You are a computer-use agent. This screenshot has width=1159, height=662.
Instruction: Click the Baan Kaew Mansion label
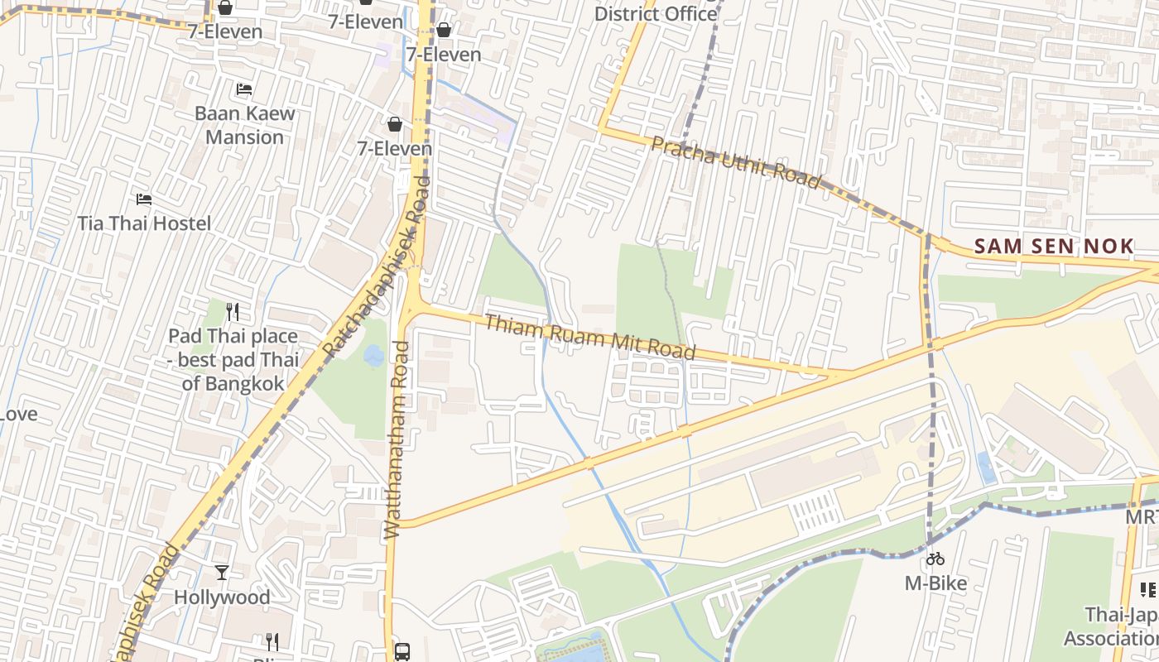(x=244, y=125)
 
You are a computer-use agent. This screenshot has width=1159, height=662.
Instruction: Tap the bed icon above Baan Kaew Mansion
(x=244, y=89)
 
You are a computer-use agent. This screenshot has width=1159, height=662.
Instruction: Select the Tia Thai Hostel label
(x=144, y=223)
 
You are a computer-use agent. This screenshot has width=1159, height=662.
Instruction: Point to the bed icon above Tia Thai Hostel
(x=144, y=199)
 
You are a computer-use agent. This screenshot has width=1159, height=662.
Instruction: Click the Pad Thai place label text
(x=233, y=360)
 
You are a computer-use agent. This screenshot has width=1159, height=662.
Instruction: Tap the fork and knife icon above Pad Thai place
(x=233, y=312)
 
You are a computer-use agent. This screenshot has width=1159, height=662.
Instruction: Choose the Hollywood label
(x=222, y=597)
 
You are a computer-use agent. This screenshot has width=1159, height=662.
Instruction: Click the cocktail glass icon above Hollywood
(x=222, y=573)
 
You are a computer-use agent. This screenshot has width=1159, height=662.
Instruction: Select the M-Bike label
(x=935, y=583)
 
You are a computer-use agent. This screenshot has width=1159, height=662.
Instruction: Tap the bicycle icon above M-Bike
(x=935, y=559)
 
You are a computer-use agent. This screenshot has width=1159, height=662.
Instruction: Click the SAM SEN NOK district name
(x=1053, y=247)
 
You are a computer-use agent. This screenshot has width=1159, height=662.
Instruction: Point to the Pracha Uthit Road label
(x=735, y=162)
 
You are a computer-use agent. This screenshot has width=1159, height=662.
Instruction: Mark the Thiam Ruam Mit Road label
(x=589, y=337)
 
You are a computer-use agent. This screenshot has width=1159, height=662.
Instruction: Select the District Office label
(x=656, y=13)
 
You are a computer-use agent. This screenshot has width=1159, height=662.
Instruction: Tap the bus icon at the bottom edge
(x=402, y=651)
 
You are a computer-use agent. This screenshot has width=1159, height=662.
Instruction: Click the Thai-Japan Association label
(x=1122, y=626)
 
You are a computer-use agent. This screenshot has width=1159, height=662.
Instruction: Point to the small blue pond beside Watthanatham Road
(x=373, y=356)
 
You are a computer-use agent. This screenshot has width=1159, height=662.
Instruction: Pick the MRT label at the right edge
(x=1142, y=517)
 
